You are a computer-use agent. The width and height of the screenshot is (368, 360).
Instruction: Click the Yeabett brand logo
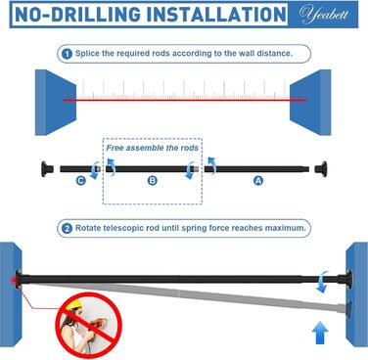323,15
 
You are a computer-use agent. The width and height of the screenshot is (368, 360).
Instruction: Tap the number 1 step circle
67,54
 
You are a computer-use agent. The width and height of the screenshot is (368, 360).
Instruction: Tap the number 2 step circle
67,228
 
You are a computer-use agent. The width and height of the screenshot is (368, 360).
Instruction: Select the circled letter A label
258,180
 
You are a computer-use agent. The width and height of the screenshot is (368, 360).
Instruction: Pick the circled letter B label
152,180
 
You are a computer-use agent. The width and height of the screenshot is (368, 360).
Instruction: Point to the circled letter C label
81,180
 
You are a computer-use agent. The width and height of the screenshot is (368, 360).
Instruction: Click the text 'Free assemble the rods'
153,148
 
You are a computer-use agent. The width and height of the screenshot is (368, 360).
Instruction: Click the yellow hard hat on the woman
73,304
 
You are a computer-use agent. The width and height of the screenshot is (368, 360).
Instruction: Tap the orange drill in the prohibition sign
97,324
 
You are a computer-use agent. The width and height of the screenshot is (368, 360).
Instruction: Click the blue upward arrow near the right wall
320,333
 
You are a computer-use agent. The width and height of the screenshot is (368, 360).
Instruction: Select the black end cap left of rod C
47,169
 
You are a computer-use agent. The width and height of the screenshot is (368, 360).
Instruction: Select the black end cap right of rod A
321,169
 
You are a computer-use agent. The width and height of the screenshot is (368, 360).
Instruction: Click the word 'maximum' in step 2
285,228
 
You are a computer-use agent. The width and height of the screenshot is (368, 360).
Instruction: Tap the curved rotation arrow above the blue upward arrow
323,281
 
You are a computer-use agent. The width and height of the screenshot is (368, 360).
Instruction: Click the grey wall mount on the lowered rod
348,305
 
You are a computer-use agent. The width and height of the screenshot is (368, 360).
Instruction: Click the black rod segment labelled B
150,169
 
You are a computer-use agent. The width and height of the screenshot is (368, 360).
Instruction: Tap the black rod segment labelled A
256,169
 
